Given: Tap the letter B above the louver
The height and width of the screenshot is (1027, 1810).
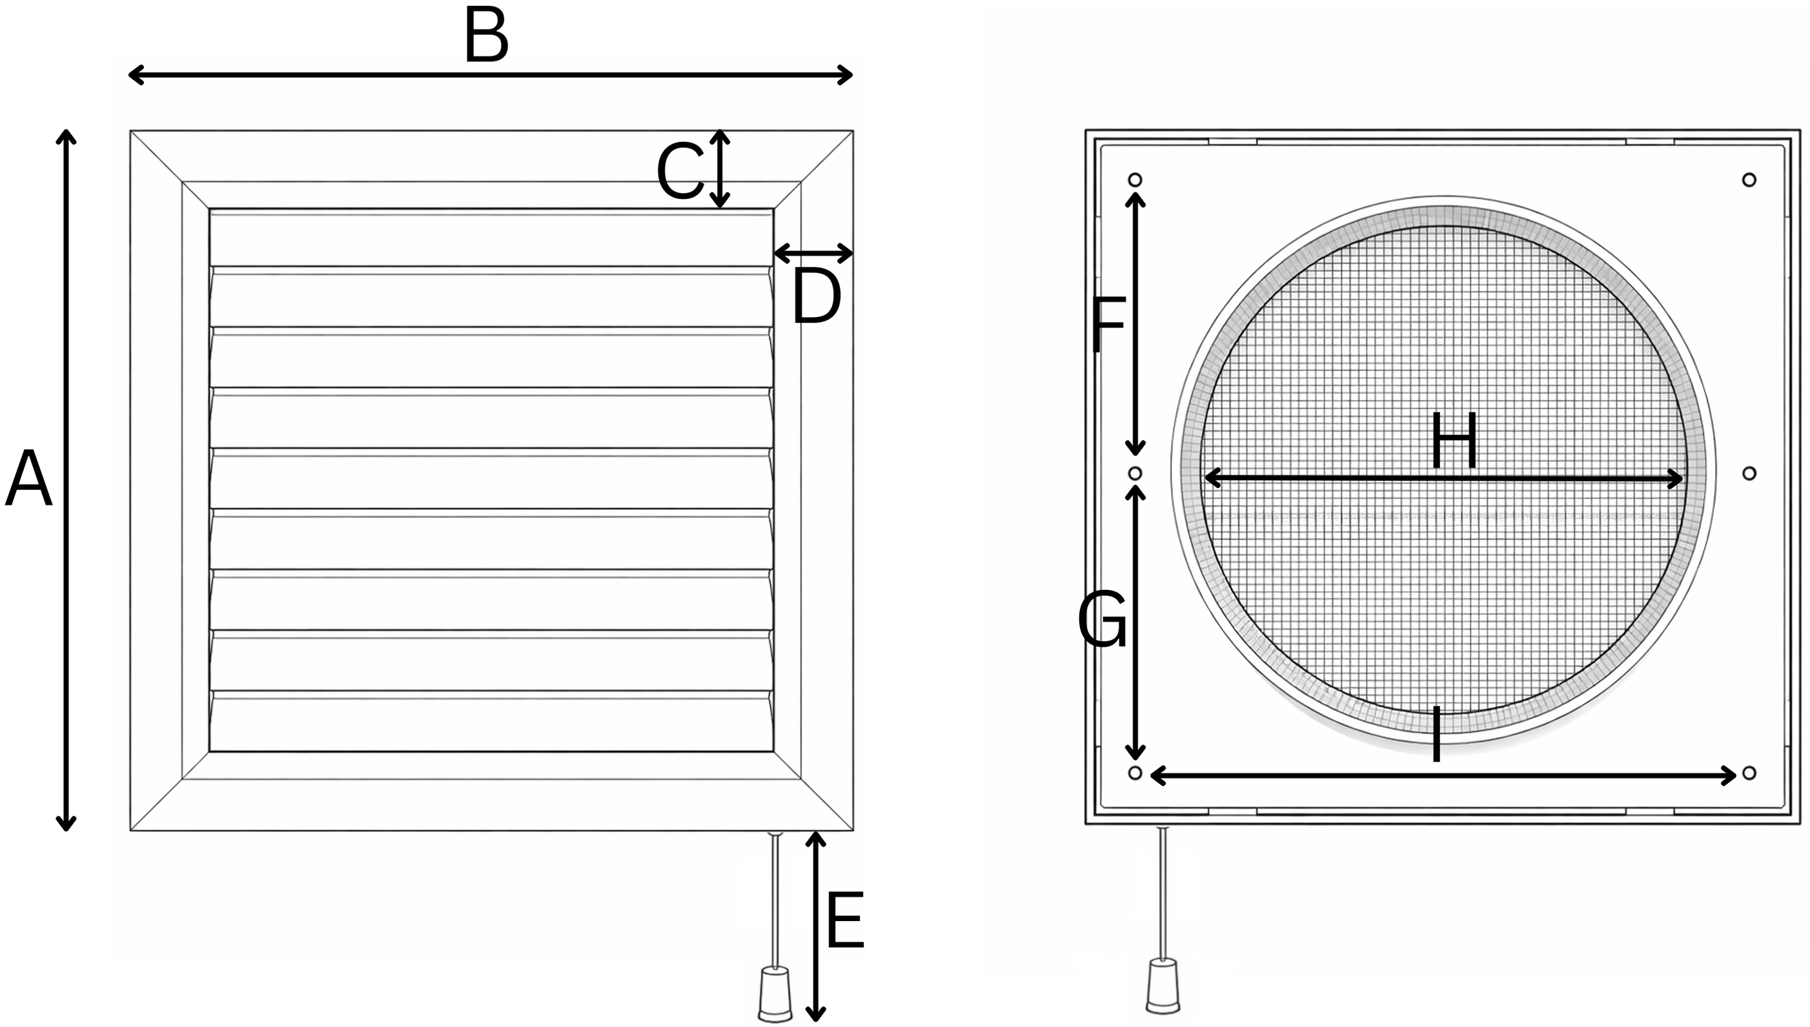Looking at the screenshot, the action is click(x=486, y=36).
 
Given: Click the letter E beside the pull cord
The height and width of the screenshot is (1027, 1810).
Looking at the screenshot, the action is click(x=844, y=920).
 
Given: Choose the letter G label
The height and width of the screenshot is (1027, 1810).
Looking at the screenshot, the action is click(x=1102, y=620).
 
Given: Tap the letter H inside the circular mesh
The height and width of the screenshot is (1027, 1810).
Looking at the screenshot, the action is click(x=1454, y=442).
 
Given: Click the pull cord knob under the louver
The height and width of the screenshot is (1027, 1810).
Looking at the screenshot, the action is click(x=775, y=995).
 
